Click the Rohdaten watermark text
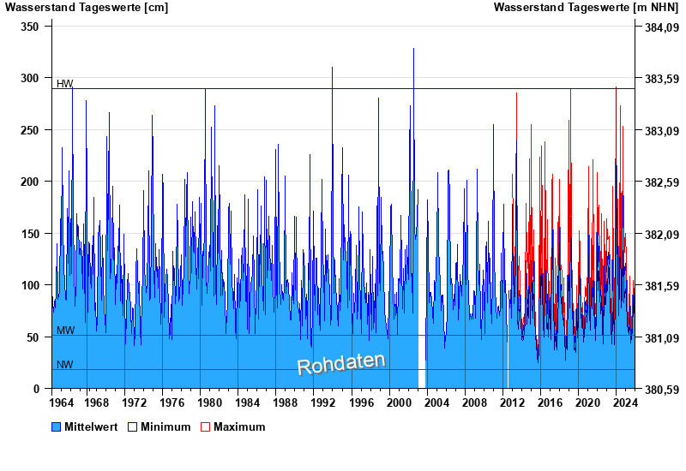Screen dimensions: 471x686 pyautogui.click(x=341, y=363)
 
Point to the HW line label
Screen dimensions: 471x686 pyautogui.click(x=65, y=84)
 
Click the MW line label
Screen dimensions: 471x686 pyautogui.click(x=65, y=331)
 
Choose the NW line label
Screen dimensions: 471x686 pyautogui.click(x=65, y=365)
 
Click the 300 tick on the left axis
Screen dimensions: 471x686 pyautogui.click(x=31, y=78)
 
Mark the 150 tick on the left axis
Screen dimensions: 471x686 pyautogui.click(x=31, y=234)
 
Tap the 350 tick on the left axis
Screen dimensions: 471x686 pyautogui.click(x=31, y=27)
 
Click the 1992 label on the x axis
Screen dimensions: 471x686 pyautogui.click(x=323, y=402)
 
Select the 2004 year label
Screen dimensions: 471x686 pyautogui.click(x=436, y=402)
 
